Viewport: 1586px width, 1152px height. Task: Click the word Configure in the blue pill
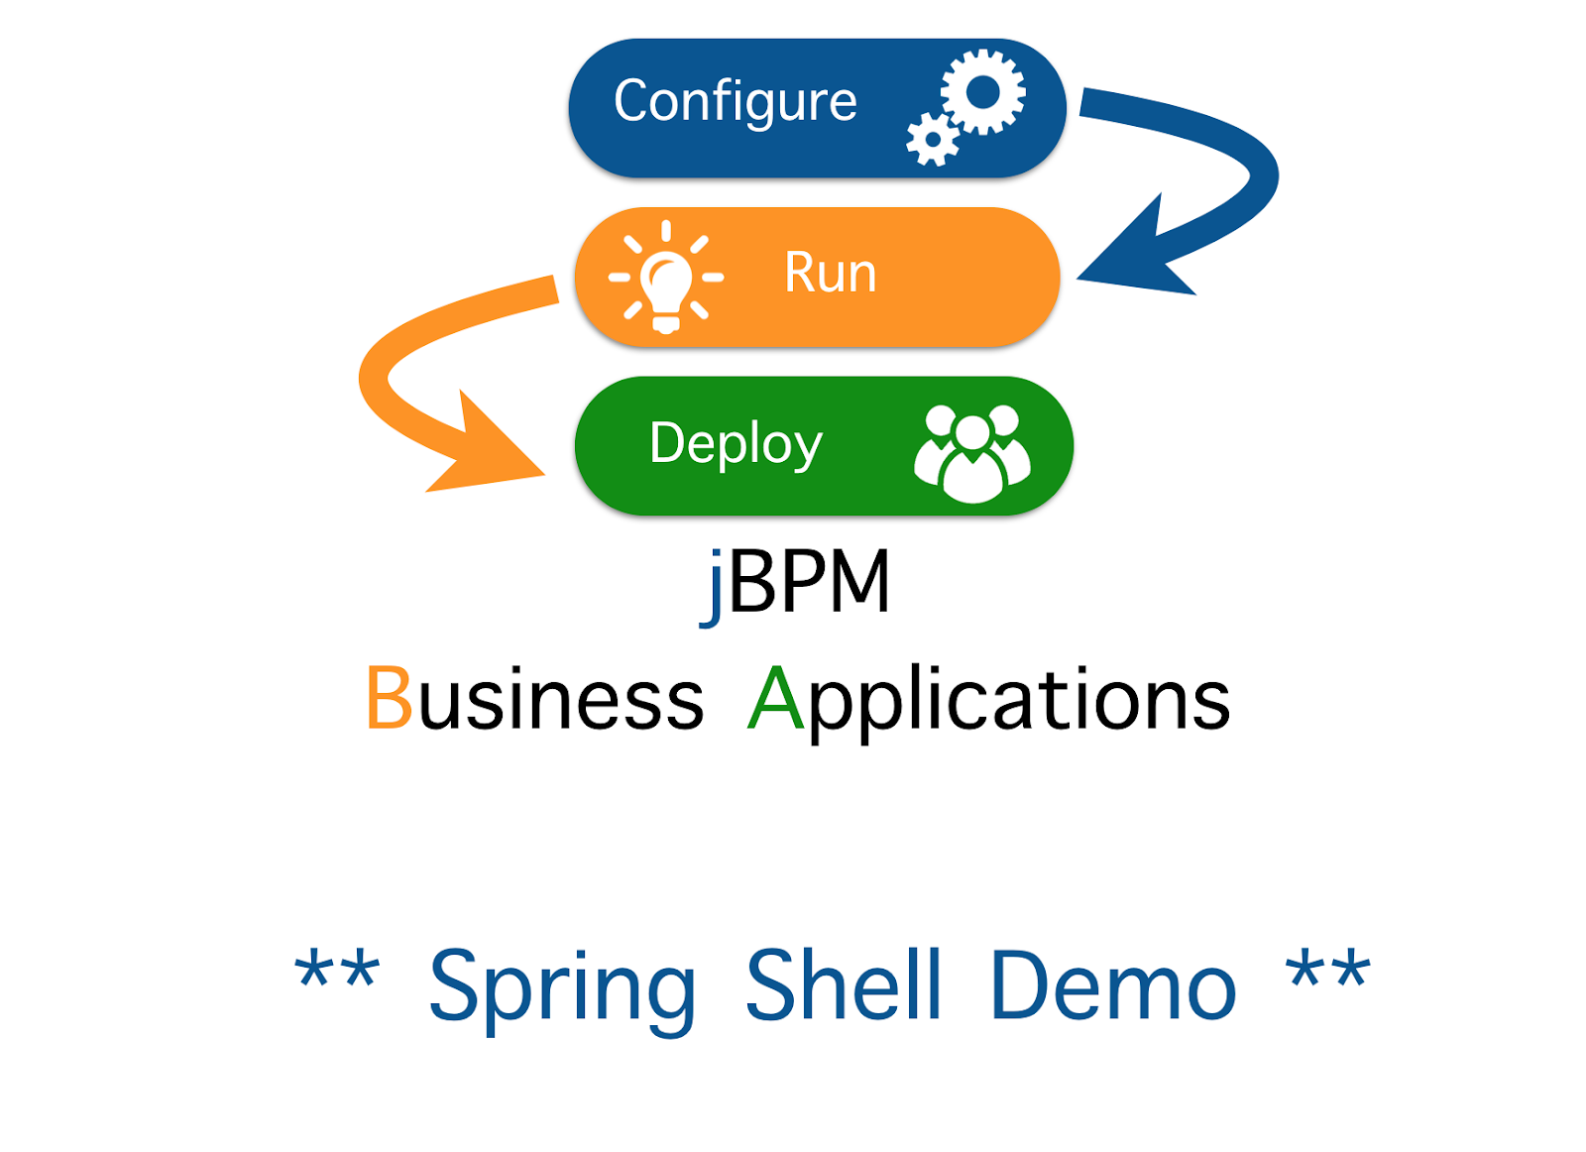(x=735, y=102)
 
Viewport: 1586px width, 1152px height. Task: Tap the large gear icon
(x=982, y=92)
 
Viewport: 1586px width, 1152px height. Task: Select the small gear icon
(x=932, y=140)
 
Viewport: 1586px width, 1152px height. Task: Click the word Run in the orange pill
(x=830, y=273)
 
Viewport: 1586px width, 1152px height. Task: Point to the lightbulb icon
(x=665, y=280)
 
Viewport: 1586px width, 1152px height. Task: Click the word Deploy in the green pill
(x=735, y=443)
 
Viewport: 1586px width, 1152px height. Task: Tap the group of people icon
(x=972, y=453)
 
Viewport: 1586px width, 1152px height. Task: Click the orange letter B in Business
(x=389, y=699)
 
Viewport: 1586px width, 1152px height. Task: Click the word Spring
(x=562, y=986)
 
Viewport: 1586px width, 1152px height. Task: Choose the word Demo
(x=1113, y=986)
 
